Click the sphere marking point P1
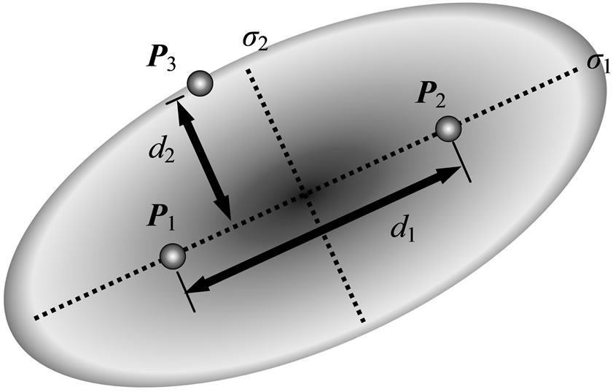point(173,255)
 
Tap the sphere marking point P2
point(449,129)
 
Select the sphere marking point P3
point(199,83)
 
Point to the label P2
point(431,94)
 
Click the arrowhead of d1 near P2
point(453,174)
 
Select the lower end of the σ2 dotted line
point(362,320)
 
